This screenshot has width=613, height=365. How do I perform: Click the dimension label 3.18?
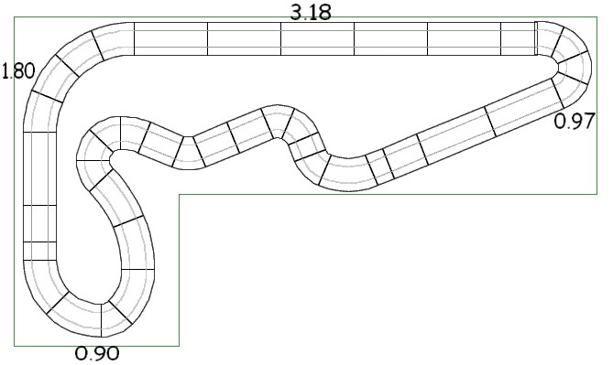[311, 12]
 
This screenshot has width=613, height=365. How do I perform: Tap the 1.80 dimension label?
[18, 71]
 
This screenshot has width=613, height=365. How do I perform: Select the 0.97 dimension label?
[575, 121]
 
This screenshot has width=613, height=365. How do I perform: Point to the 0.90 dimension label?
[97, 354]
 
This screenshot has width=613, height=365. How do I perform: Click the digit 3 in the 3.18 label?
[297, 12]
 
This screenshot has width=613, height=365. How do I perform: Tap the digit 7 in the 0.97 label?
[588, 121]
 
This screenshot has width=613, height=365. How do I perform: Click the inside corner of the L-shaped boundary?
[179, 195]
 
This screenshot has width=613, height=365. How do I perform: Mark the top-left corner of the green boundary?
[15, 16]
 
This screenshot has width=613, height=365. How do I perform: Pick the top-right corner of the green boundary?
[597, 16]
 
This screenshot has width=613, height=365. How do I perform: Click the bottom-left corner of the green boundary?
[15, 346]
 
